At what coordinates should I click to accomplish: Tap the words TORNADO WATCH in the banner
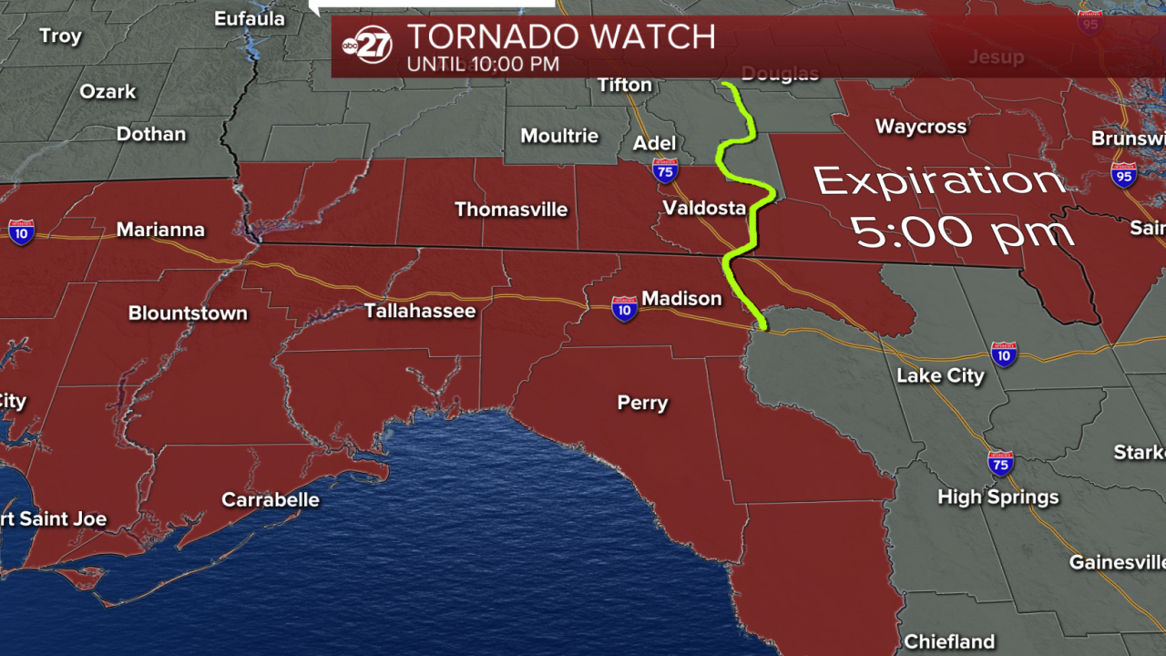click(x=560, y=36)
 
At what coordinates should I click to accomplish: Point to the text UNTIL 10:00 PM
click(x=483, y=65)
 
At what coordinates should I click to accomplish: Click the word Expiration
click(x=939, y=181)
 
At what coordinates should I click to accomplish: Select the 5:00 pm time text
click(x=963, y=233)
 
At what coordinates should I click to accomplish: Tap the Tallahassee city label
click(x=420, y=311)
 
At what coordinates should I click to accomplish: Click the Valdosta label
click(x=704, y=208)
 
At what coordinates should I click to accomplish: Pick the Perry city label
click(x=642, y=403)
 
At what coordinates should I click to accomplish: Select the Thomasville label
click(x=511, y=210)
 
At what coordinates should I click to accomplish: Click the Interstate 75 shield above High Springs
click(x=1000, y=463)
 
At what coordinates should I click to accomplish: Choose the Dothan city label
click(x=151, y=134)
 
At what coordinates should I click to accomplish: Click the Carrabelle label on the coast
click(x=271, y=499)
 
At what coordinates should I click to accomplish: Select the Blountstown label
click(x=188, y=313)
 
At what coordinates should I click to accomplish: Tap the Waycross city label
click(x=921, y=127)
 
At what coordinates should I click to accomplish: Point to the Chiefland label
click(x=949, y=641)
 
